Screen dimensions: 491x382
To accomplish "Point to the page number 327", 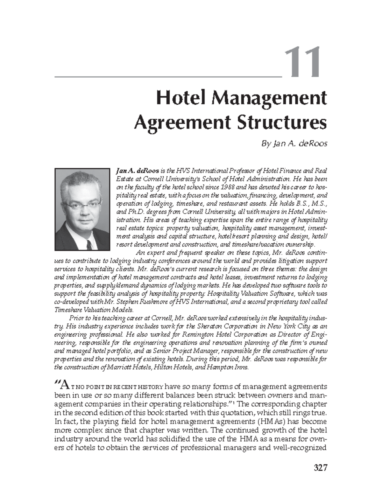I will [x=320, y=468].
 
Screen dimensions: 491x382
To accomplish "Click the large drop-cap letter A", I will [x=64, y=386].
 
